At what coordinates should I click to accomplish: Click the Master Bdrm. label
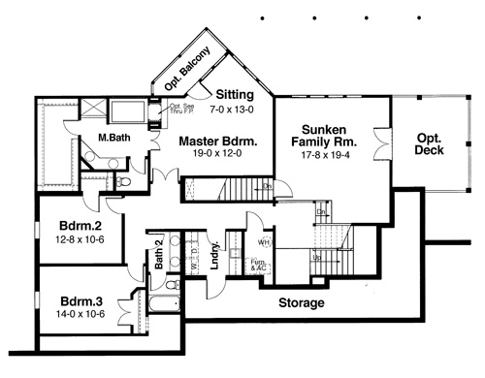[218, 142]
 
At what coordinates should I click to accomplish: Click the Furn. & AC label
[258, 266]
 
